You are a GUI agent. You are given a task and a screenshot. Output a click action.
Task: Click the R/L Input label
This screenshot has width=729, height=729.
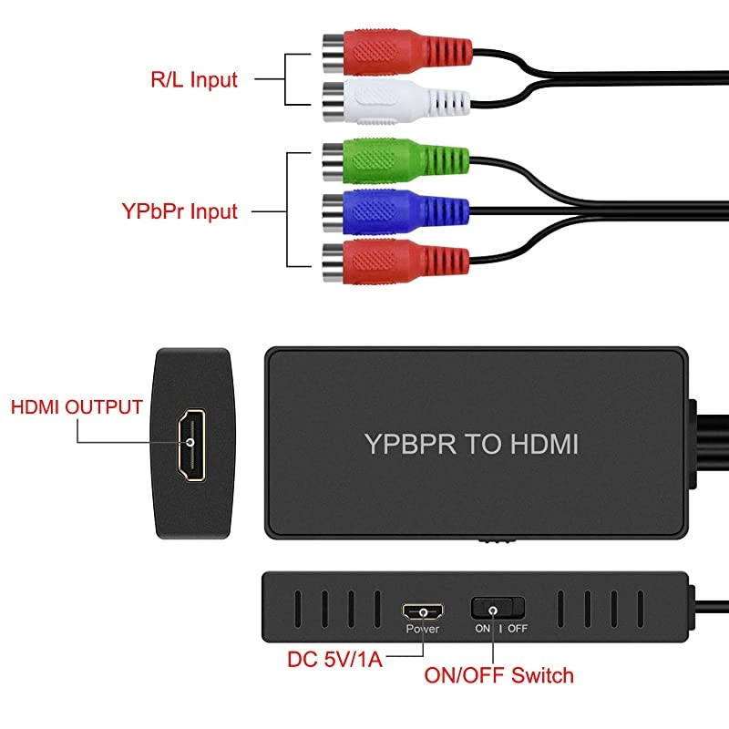(x=193, y=79)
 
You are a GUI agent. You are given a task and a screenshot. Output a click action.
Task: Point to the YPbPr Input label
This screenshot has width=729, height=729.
(x=180, y=211)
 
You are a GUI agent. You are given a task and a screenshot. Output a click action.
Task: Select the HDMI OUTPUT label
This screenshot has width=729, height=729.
(x=77, y=406)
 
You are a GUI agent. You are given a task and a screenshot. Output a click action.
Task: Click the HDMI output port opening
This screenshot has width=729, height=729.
(x=191, y=443)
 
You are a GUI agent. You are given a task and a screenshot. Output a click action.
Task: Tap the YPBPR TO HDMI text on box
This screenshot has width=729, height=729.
(x=471, y=444)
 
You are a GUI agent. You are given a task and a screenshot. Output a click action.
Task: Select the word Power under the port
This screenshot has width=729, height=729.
(x=423, y=629)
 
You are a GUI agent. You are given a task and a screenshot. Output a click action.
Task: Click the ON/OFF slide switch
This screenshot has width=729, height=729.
(x=498, y=609)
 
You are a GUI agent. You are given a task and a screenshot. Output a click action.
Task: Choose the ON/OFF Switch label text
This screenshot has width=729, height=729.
(x=499, y=675)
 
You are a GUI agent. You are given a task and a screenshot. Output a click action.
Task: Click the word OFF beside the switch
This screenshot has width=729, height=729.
(x=517, y=629)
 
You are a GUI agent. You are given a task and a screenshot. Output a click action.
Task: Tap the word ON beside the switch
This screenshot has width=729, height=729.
(x=482, y=629)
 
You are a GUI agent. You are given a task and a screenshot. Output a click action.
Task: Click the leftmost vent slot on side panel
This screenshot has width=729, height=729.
(x=296, y=608)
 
